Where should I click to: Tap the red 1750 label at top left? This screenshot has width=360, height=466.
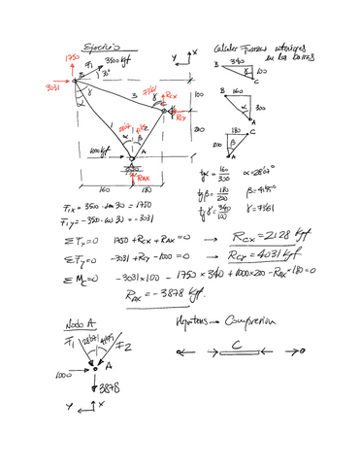[x=70, y=59]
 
